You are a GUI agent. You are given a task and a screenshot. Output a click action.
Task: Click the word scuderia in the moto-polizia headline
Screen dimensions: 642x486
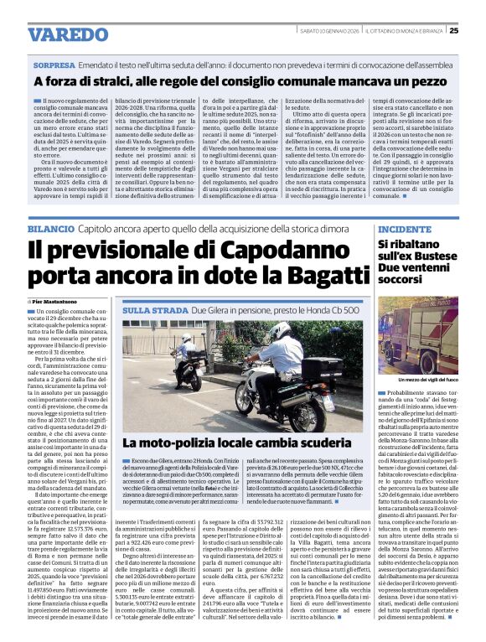344,443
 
